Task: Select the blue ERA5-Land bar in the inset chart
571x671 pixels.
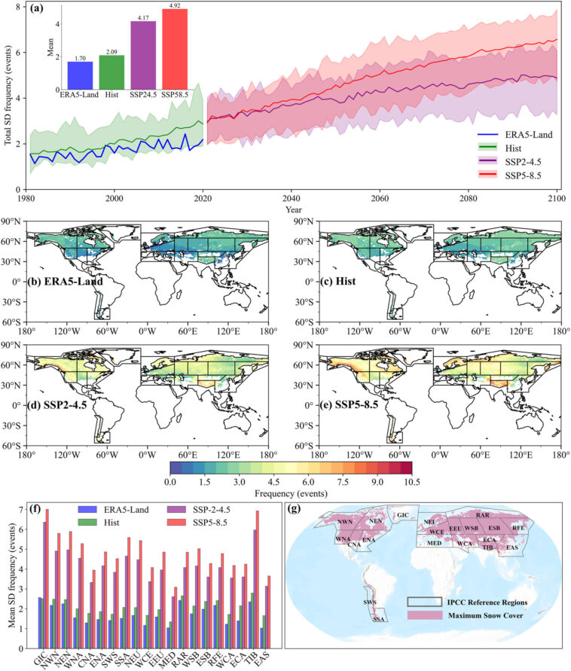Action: (x=80, y=76)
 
